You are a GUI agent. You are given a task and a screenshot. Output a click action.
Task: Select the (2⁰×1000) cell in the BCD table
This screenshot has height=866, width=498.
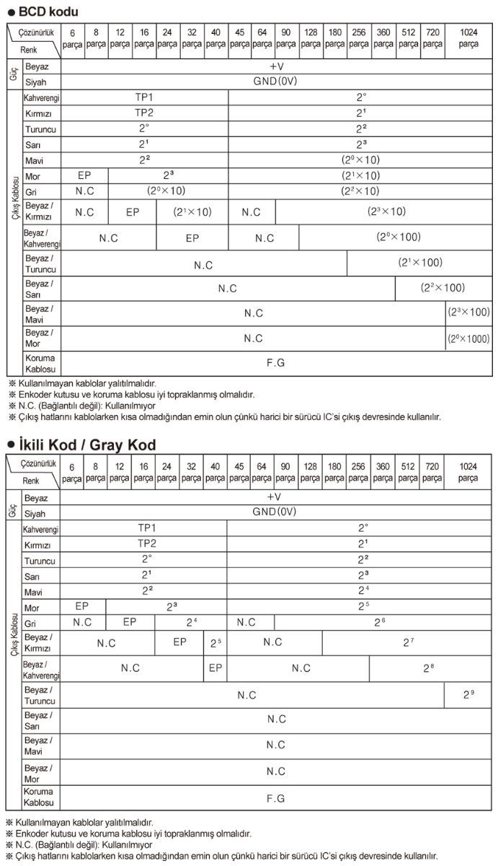coord(468,338)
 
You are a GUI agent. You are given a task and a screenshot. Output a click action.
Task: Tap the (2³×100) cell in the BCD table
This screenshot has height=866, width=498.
coord(468,312)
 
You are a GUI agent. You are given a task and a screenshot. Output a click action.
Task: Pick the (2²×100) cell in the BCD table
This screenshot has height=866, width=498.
coord(443,288)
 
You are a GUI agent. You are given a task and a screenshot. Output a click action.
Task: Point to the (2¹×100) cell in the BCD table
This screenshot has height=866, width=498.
coord(420,263)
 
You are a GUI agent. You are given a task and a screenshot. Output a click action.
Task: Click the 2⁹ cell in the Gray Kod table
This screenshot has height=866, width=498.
coord(468,694)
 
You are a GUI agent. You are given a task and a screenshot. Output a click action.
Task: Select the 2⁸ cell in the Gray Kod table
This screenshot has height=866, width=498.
coord(429,668)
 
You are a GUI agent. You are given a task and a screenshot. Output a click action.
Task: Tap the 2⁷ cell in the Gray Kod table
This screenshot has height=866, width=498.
coord(408,642)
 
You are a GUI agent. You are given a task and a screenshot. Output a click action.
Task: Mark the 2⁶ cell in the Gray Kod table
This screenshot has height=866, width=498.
coord(379,621)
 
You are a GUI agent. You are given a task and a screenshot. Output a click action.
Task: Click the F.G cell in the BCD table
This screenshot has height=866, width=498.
coord(276,362)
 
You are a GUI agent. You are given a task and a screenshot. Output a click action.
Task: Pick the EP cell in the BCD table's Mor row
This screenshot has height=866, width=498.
coord(84,175)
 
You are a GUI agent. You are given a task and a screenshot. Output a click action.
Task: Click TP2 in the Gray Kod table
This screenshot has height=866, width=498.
coord(146,543)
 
